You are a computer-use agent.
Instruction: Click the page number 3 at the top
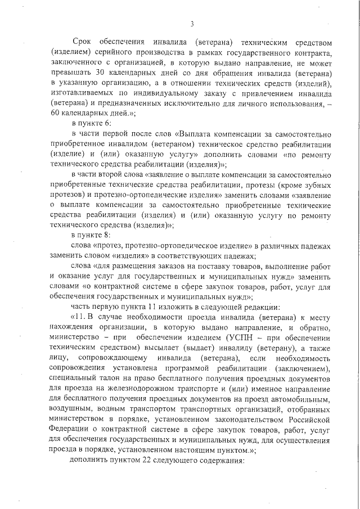(192, 24)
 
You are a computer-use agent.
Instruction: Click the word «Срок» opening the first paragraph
(83, 42)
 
